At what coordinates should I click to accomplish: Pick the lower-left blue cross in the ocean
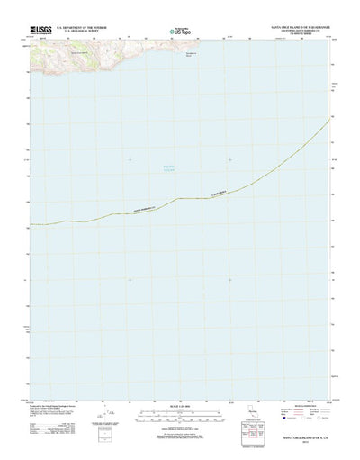pyautogui.click(x=129, y=279)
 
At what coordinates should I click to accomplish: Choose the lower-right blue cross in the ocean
pyautogui.click(x=230, y=279)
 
